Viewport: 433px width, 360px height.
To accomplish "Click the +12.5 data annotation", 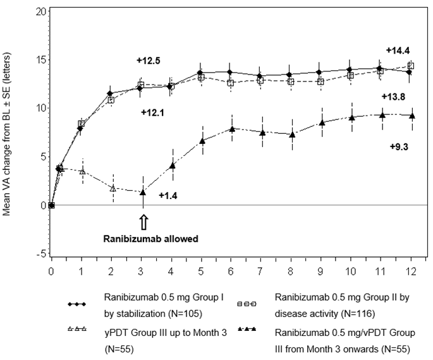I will coord(148,61).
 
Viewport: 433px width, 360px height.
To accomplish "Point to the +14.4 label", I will coord(398,51).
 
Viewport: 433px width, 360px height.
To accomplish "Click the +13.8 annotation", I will coord(393,96).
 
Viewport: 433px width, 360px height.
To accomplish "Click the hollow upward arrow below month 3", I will coord(143,222).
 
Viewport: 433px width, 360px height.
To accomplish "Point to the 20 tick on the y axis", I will coord(40,11).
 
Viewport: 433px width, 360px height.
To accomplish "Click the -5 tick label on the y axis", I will coord(40,254).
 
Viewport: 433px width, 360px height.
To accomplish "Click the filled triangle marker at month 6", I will coord(232,129).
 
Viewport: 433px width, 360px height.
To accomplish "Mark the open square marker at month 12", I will coord(411,66).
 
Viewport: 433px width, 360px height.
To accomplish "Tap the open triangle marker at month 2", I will coord(113,188).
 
